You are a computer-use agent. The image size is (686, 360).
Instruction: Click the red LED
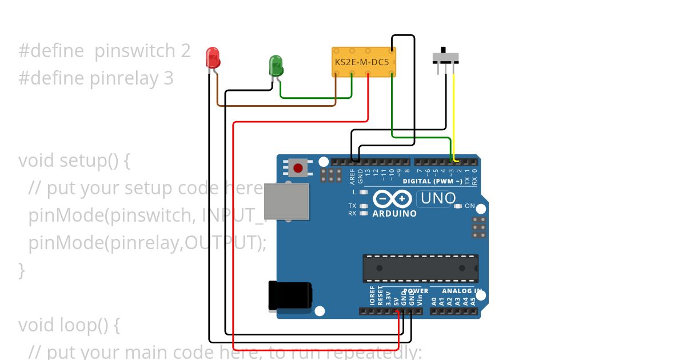click(x=213, y=58)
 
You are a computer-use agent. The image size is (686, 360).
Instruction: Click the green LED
click(x=276, y=65)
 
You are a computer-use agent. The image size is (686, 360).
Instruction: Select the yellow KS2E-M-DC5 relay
click(x=364, y=61)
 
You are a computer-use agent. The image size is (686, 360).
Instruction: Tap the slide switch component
click(x=446, y=57)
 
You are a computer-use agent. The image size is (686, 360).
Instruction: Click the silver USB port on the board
click(x=286, y=202)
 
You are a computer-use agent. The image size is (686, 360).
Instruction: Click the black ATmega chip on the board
click(x=420, y=268)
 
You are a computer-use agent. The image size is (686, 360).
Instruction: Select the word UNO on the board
click(x=438, y=199)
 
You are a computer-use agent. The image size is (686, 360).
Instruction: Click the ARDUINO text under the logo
click(x=394, y=214)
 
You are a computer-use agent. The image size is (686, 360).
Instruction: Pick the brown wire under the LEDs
click(x=274, y=106)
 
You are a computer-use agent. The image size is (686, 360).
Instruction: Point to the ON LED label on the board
click(x=469, y=206)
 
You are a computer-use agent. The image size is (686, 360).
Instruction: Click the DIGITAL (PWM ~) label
click(x=433, y=181)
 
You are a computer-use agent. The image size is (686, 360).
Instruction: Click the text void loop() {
click(x=69, y=325)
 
